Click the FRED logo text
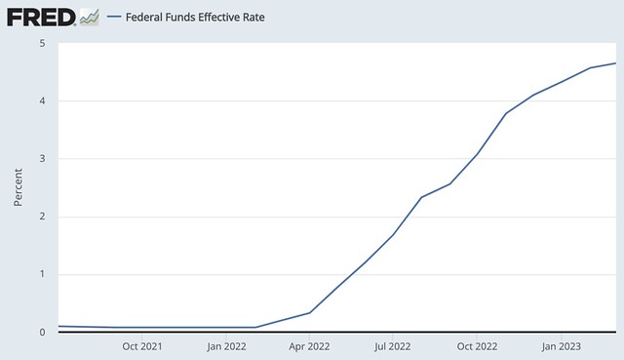coord(40,17)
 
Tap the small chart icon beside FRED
coord(89,17)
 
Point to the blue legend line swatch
coord(115,18)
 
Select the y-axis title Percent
coord(19,187)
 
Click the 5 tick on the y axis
coord(41,44)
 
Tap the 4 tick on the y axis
coord(41,101)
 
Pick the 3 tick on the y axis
coord(41,159)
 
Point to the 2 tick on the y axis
coord(41,217)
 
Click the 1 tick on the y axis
coord(41,274)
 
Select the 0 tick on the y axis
coord(41,332)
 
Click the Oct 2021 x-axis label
coord(142,345)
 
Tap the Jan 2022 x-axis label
coord(227,345)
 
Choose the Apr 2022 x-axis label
coord(310,345)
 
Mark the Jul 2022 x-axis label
coord(393,345)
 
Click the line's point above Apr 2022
coord(310,312)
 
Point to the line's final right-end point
coord(616,63)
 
